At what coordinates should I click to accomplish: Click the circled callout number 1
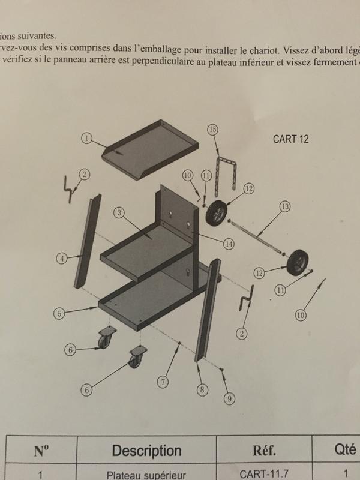[x=86, y=138]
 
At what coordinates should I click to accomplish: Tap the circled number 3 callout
[x=120, y=213]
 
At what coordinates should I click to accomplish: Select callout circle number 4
[x=61, y=259]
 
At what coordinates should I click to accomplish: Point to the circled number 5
[x=59, y=313]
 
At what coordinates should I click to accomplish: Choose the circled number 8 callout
[x=202, y=389]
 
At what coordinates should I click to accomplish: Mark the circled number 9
[x=228, y=398]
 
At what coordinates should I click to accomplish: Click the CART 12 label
[x=290, y=140]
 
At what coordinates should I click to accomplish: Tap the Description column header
[x=146, y=450]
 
